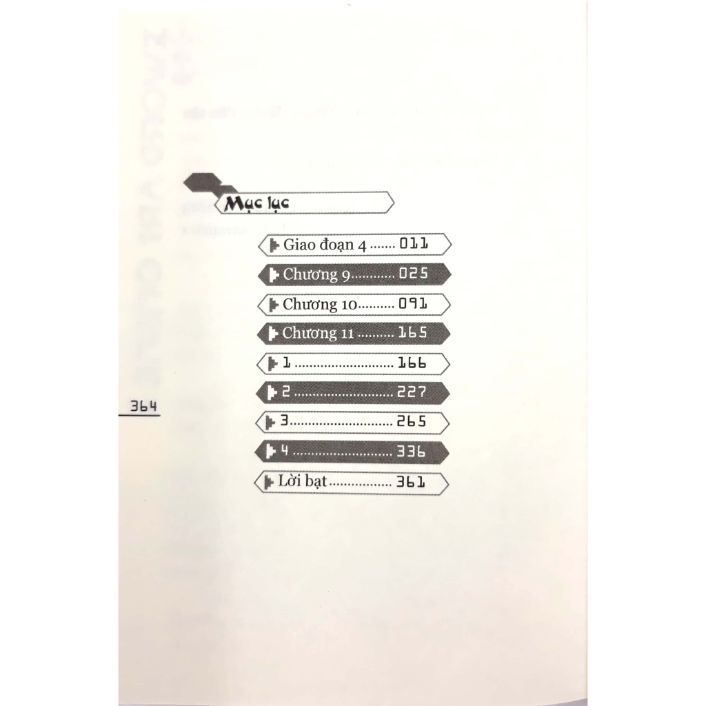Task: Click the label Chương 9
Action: click(316, 274)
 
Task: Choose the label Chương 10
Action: click(319, 304)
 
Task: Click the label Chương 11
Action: click(318, 334)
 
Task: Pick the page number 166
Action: click(412, 363)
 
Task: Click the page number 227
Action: click(412, 392)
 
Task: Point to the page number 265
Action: click(412, 422)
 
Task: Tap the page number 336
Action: click(412, 452)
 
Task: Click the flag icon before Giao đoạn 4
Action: click(274, 245)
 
